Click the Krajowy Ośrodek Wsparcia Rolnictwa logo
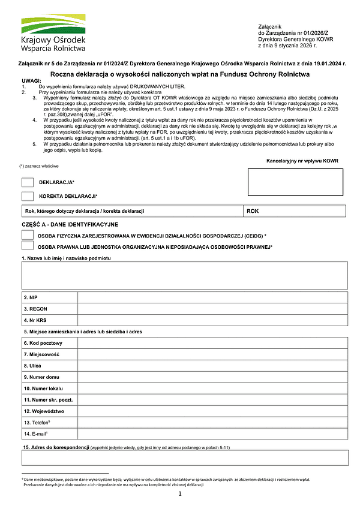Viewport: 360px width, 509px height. pos(53,33)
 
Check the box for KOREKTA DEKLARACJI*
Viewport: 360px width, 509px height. pos(27,196)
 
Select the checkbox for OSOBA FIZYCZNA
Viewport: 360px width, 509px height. pos(27,235)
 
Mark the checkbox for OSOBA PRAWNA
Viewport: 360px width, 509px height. pos(27,246)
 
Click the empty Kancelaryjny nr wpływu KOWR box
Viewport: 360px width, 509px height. pos(295,182)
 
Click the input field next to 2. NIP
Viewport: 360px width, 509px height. pos(212,297)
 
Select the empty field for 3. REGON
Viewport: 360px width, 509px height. pos(212,309)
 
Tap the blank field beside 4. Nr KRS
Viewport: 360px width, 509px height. pos(212,320)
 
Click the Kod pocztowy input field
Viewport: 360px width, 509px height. pos(212,343)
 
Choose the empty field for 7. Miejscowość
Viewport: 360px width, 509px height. pos(212,354)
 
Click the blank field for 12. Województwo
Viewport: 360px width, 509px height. pos(212,411)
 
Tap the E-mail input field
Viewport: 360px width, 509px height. pos(212,434)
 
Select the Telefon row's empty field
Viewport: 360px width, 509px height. pos(212,423)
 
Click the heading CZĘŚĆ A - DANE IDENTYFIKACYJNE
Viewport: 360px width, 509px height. pos(70,224)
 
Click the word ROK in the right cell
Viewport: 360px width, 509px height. pos(253,212)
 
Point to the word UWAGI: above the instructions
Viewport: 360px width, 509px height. pos(31,82)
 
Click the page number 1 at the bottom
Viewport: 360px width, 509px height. pos(180,494)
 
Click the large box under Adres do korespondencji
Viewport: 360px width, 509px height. pos(184,458)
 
